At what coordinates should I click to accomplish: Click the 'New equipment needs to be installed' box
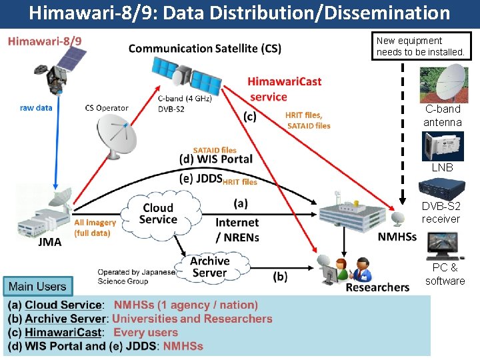421,46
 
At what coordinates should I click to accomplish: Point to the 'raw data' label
36,107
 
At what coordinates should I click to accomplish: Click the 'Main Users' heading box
37,287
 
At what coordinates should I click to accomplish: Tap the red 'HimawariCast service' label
284,89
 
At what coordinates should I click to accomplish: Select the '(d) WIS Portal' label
216,159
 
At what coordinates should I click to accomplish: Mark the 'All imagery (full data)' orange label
95,227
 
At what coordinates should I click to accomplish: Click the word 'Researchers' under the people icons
377,287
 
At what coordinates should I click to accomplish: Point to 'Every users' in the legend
145,332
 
